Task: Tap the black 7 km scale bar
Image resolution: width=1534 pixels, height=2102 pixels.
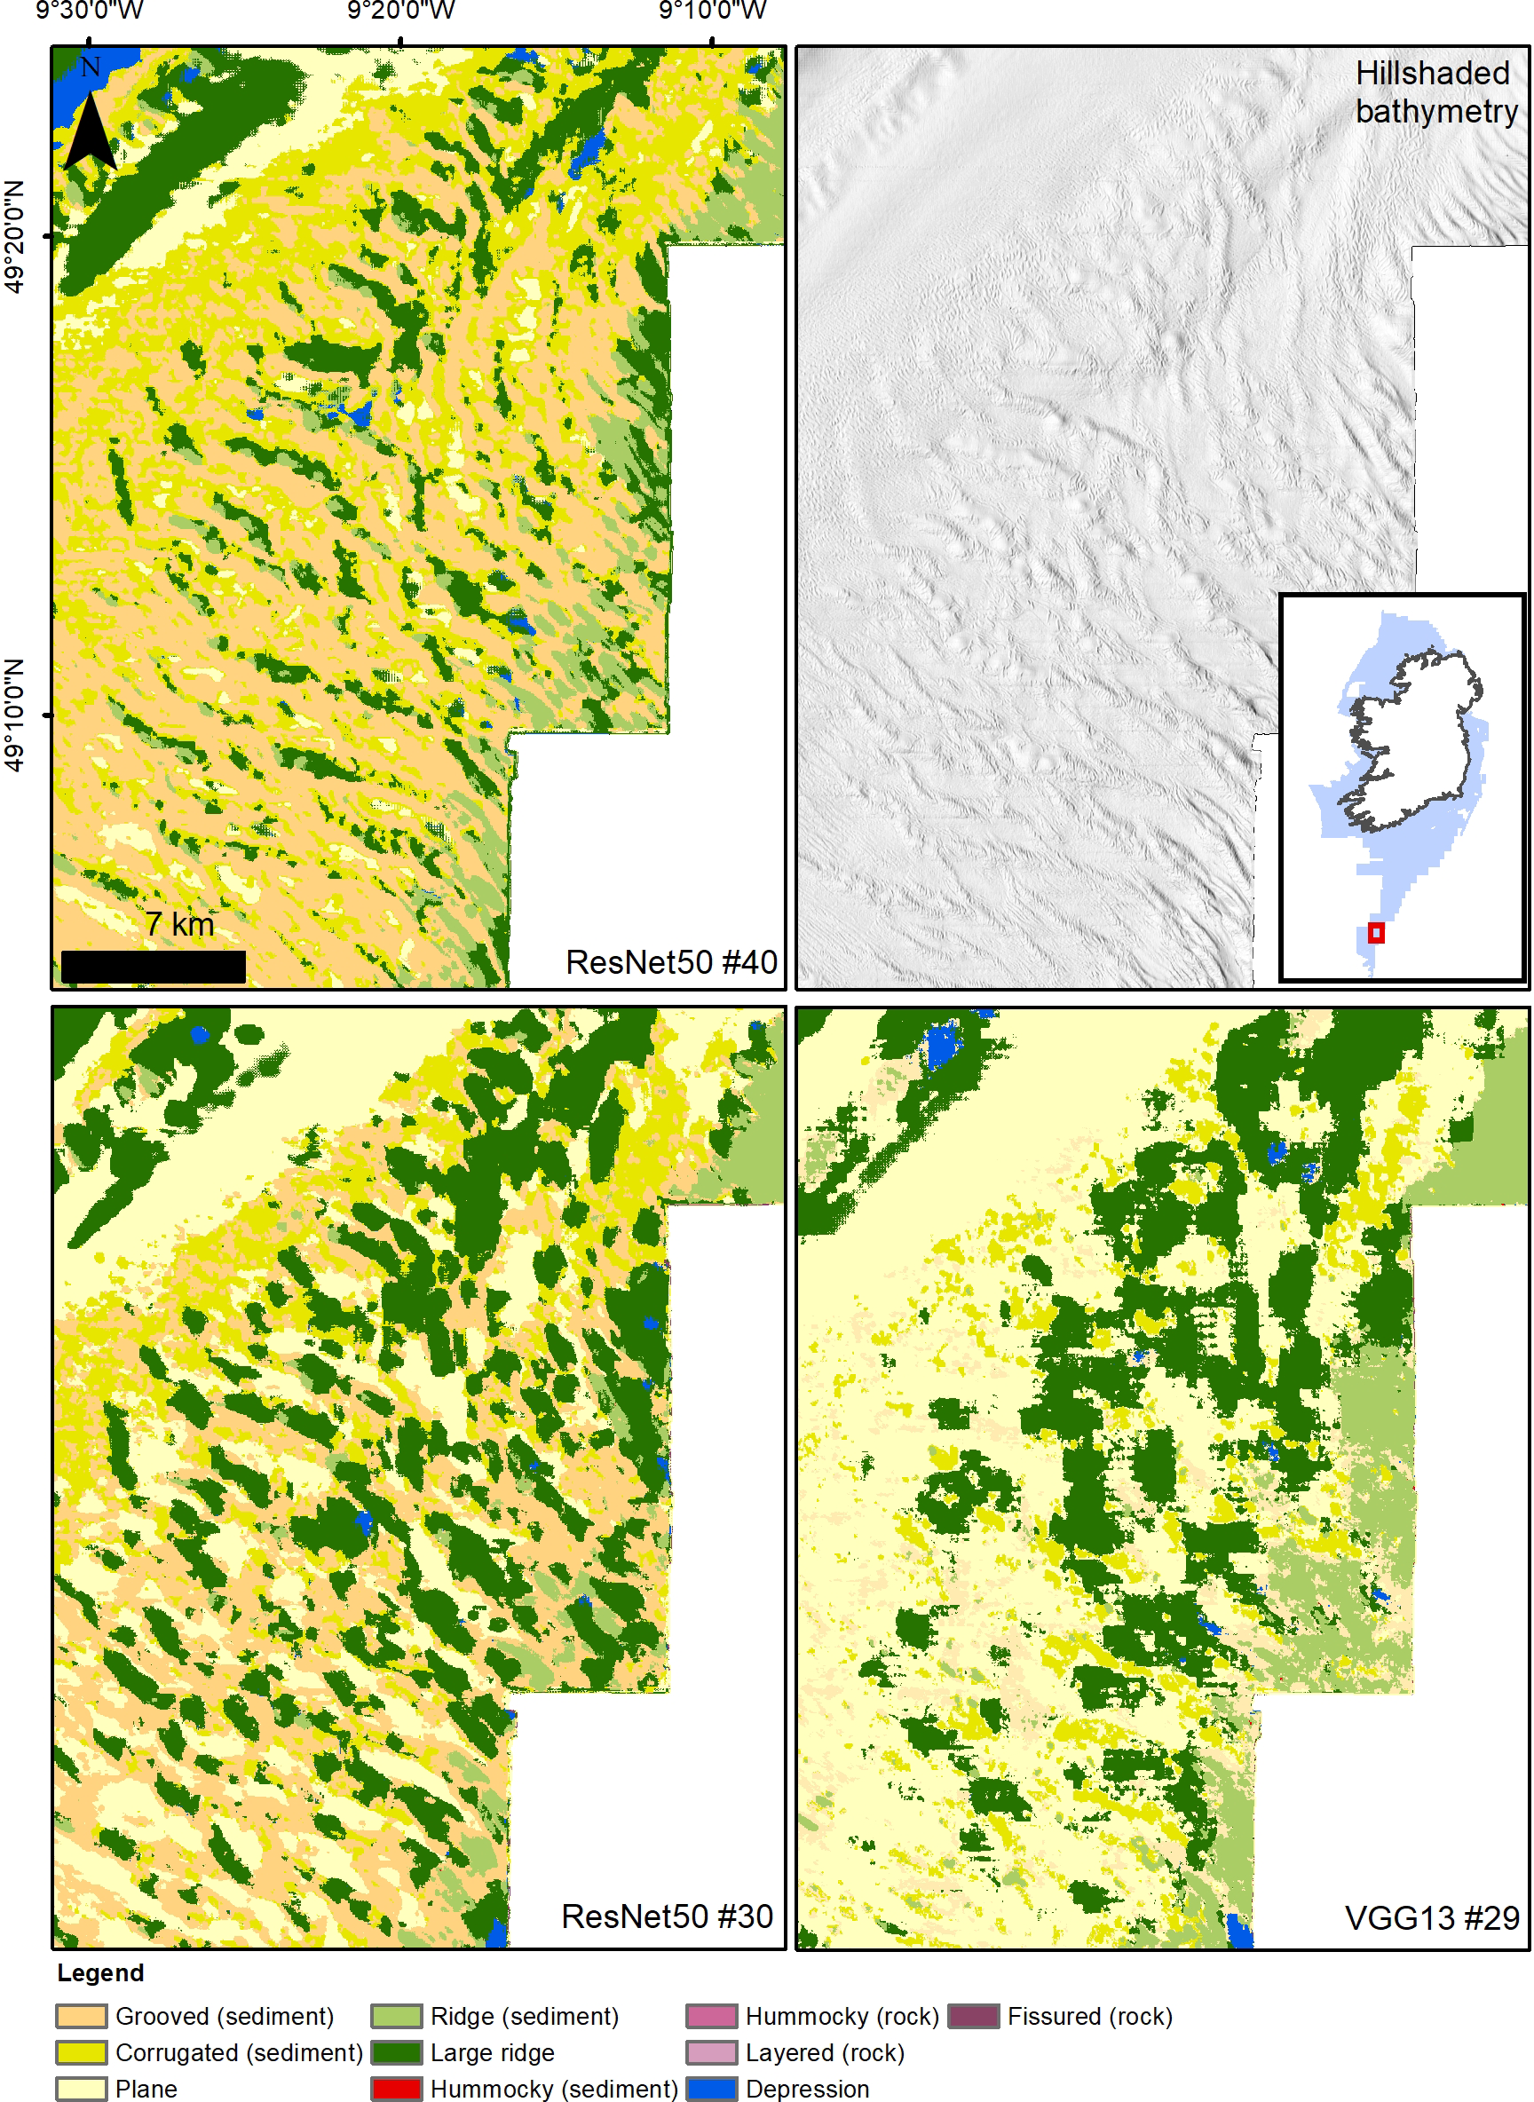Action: [x=154, y=966]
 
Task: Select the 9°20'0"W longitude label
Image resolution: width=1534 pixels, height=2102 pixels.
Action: [x=401, y=12]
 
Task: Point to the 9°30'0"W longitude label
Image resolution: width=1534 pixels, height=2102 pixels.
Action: [x=89, y=12]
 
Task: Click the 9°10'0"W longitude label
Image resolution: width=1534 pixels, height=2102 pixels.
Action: [x=712, y=12]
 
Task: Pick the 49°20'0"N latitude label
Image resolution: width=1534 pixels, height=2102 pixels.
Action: [x=14, y=237]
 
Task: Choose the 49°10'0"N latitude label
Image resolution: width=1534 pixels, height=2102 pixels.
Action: [x=14, y=715]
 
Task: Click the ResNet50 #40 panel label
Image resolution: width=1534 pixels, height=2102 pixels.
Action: [x=671, y=962]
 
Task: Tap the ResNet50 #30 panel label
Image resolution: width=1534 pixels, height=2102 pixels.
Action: [x=667, y=1916]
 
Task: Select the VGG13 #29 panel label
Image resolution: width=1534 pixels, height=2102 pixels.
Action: [x=1431, y=1918]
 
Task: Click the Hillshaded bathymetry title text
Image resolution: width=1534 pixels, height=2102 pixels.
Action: [x=1435, y=92]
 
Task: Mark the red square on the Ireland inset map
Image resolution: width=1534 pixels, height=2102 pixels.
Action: [x=1375, y=932]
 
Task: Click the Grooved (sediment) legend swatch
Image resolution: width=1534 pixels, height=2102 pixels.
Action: [x=82, y=2017]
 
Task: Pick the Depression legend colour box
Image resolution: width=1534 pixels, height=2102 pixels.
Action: [x=711, y=2089]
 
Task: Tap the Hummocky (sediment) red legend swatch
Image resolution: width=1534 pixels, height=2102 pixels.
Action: [x=397, y=2089]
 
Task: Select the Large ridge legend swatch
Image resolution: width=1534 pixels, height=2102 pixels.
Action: [x=397, y=2053]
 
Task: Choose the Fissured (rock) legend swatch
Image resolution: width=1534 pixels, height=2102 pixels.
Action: [x=973, y=2017]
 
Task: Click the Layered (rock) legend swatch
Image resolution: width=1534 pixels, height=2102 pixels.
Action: [x=711, y=2053]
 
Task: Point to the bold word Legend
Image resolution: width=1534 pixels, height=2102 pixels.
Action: [x=100, y=1973]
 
